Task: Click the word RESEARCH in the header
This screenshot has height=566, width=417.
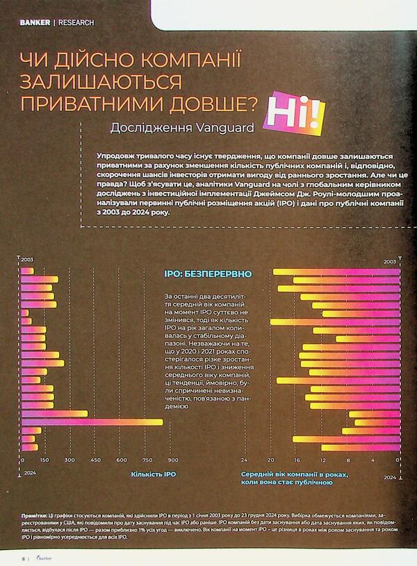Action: (x=76, y=22)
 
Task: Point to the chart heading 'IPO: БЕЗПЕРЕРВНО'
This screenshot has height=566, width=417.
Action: (x=207, y=275)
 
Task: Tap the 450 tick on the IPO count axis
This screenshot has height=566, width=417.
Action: (x=95, y=460)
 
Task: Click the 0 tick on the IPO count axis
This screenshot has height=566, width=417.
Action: (x=22, y=460)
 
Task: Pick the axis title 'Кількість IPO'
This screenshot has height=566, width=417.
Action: (x=153, y=475)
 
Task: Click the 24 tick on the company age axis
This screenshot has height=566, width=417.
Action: (x=244, y=460)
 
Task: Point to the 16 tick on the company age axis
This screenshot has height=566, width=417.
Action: (x=297, y=460)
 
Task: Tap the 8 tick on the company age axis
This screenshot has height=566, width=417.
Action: (x=347, y=460)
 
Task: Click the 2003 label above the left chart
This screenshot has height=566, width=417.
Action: (x=27, y=260)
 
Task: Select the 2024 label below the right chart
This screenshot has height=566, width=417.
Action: (x=389, y=478)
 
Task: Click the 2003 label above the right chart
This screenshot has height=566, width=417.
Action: (x=389, y=262)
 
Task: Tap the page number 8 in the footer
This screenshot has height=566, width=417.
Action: (x=22, y=558)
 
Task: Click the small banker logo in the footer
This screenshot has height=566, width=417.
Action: (x=44, y=558)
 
